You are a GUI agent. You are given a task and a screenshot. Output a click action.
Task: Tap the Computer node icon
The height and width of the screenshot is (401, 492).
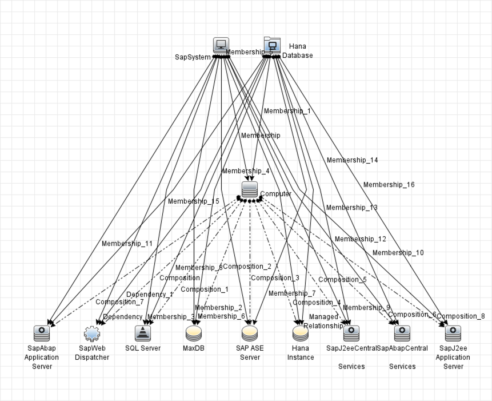coord(250,190)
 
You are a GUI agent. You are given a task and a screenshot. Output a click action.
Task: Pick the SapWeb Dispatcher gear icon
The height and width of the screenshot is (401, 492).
coord(92,333)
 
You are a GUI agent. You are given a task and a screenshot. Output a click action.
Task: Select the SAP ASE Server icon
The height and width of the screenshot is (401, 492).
coord(250,333)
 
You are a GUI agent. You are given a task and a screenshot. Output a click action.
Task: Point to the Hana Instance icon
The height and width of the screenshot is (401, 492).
coord(301,333)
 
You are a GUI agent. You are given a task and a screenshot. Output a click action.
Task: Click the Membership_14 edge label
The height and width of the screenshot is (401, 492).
coord(352,160)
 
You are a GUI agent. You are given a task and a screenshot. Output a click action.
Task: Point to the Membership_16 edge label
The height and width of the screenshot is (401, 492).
coord(389,185)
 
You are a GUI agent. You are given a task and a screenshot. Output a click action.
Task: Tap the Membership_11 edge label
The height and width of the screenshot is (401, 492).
coord(127,244)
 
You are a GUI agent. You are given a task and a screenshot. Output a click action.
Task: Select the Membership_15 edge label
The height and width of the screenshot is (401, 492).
coord(193,201)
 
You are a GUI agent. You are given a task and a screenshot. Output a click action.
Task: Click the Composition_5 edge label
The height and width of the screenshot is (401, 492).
coord(342,280)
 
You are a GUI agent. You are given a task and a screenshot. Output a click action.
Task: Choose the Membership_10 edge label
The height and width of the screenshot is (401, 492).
coord(398,253)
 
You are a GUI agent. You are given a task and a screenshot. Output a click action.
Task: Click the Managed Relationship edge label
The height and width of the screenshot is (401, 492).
coord(323,321)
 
